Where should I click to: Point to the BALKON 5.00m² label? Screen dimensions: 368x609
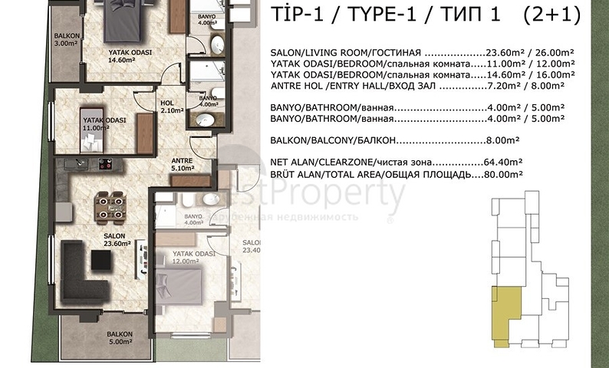coord(120,338)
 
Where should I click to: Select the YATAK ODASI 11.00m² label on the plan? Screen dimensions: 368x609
coord(104,125)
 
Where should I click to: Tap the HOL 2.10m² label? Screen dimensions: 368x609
coord(168,107)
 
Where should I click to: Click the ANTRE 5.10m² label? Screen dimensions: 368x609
coord(181,163)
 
